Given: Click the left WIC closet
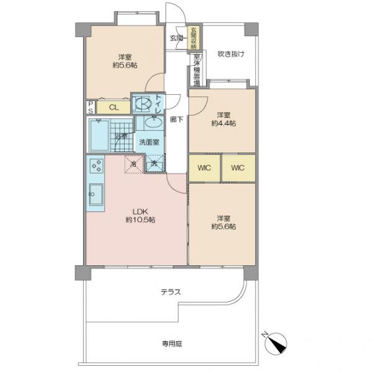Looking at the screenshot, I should [x=205, y=168].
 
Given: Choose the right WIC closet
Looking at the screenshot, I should [x=238, y=168].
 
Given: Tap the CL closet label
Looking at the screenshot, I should [x=113, y=107].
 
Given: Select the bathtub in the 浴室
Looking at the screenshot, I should [x=100, y=135].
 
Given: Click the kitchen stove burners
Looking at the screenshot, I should [x=96, y=166].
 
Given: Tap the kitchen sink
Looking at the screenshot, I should [x=96, y=194].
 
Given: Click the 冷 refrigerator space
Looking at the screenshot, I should [x=134, y=164].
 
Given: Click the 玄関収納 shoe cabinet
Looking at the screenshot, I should [x=193, y=38].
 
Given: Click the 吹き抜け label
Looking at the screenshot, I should [x=231, y=53].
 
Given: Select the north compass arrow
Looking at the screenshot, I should [x=274, y=343].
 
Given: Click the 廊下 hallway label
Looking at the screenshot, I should [x=177, y=119].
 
